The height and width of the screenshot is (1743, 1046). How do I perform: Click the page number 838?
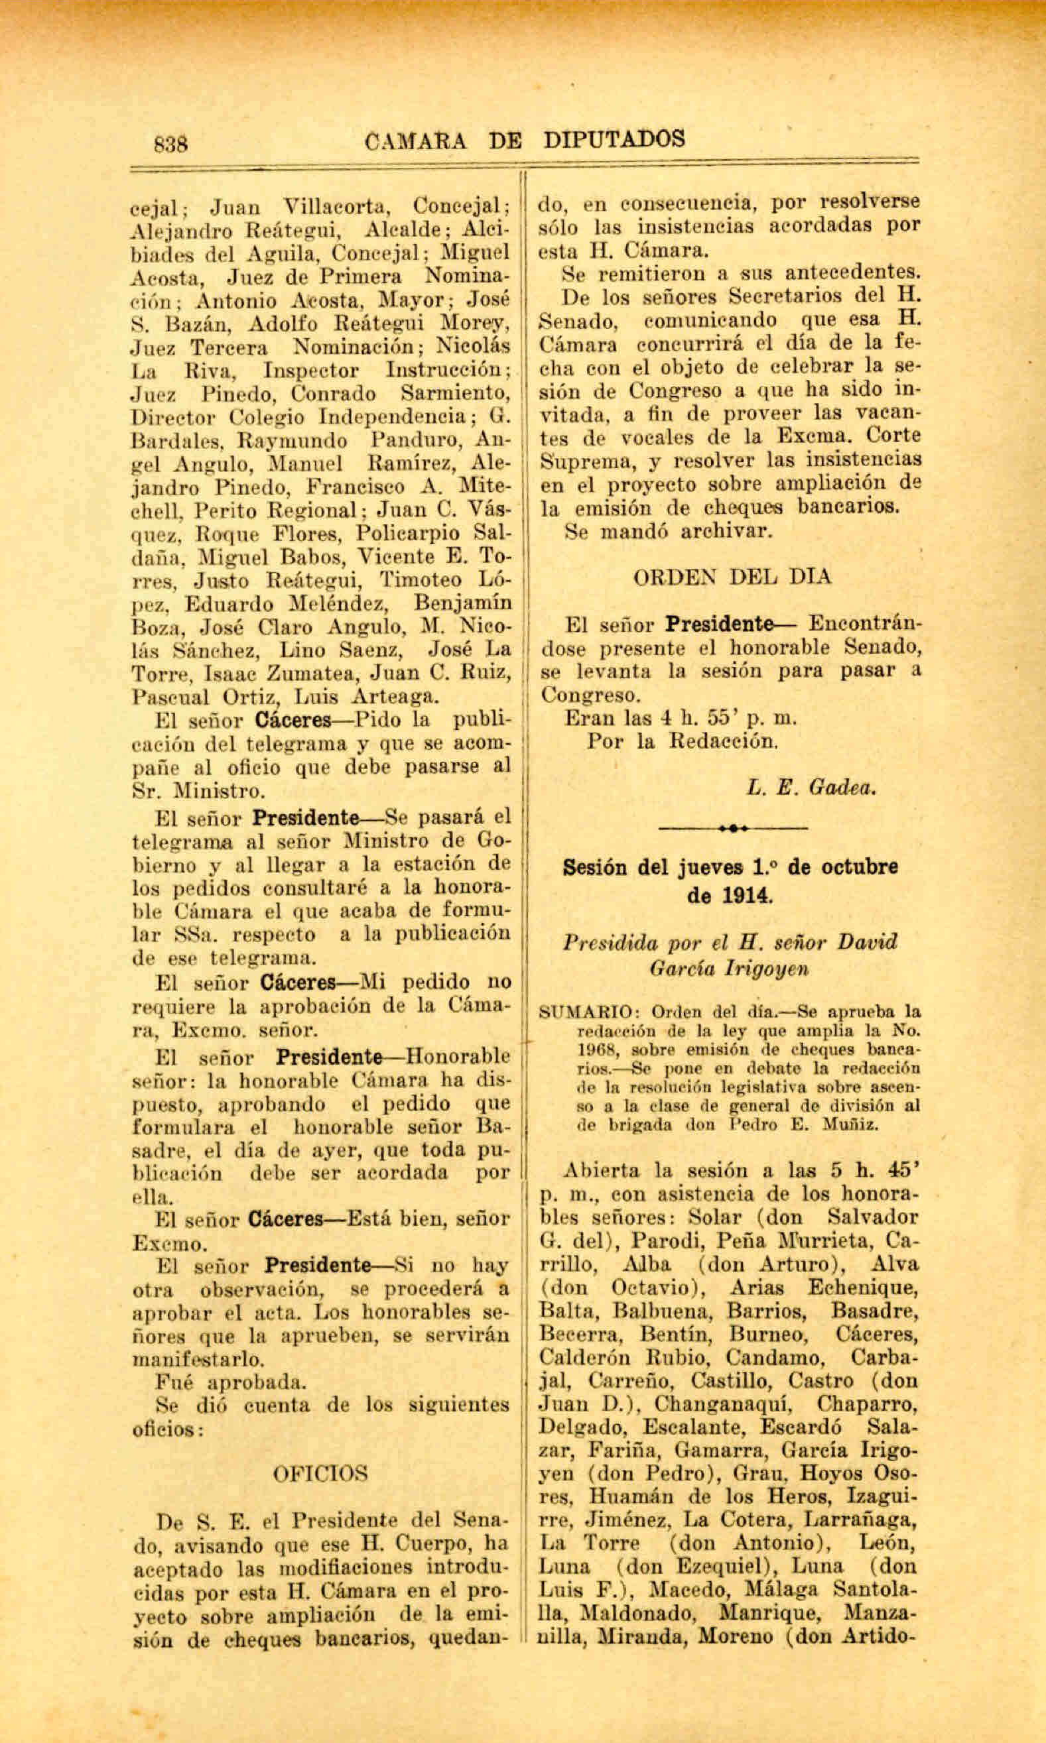[x=170, y=144]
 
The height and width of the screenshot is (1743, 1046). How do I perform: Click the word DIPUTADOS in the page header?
[x=614, y=139]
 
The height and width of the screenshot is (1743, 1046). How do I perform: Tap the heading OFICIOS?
[x=320, y=1473]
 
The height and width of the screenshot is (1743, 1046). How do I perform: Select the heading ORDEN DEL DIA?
[x=732, y=577]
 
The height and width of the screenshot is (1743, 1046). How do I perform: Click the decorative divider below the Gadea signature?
[x=733, y=829]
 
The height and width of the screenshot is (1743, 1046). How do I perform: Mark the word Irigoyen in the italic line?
[x=767, y=969]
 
